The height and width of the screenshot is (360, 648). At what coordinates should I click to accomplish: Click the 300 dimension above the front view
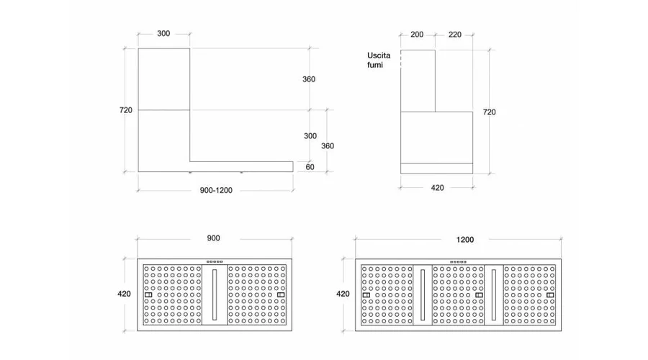[163, 33]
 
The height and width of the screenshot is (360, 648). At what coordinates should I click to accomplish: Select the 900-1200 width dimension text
[216, 190]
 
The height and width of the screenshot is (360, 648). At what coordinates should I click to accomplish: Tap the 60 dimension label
[310, 167]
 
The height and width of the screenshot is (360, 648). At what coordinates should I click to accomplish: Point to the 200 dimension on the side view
[417, 35]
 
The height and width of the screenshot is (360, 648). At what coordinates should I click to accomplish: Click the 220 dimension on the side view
[455, 35]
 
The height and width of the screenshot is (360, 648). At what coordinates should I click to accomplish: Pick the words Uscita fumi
[379, 60]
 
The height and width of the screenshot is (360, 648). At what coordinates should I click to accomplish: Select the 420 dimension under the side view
[438, 188]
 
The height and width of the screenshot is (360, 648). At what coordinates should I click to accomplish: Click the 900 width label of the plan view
[213, 238]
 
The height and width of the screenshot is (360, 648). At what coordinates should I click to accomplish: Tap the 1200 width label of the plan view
[465, 240]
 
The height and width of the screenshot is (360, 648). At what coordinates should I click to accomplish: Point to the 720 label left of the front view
[125, 110]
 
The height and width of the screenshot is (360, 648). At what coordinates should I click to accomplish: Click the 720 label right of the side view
[490, 112]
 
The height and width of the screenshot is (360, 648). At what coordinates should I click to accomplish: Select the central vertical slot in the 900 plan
[215, 294]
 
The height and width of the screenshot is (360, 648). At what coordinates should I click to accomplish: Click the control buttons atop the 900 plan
[215, 261]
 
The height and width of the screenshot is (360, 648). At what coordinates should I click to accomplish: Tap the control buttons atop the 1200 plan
[459, 262]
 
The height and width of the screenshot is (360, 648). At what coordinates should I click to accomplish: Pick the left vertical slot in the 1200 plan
[423, 294]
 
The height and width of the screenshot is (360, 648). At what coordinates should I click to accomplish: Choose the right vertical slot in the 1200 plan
[493, 294]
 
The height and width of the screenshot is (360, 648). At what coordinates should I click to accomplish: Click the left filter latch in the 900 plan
[148, 294]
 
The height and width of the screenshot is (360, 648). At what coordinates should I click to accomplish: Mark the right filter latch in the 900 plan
[281, 294]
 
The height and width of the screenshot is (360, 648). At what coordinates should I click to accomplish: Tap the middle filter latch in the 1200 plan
[479, 295]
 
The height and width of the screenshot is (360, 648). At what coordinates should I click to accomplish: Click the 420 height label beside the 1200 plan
[343, 294]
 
